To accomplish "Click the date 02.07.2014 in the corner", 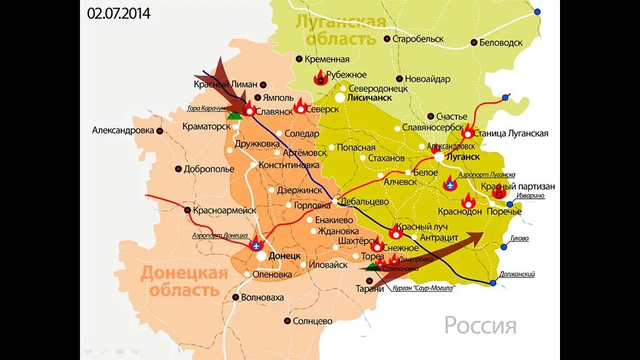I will pos(119,13).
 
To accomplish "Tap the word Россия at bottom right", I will pos(480,326).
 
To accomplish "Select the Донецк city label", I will pos(284,256).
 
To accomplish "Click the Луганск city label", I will pos(464,157).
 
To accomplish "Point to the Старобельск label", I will pos(417,39).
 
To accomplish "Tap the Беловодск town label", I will pos(501,42).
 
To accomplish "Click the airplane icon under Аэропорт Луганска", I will pos(449,184).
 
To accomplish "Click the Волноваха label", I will pos(262,297).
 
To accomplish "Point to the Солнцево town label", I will pos(312,321).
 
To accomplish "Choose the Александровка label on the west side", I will pos(122,131).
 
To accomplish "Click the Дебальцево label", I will pos(365,201).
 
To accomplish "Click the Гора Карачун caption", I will pos(206,108).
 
